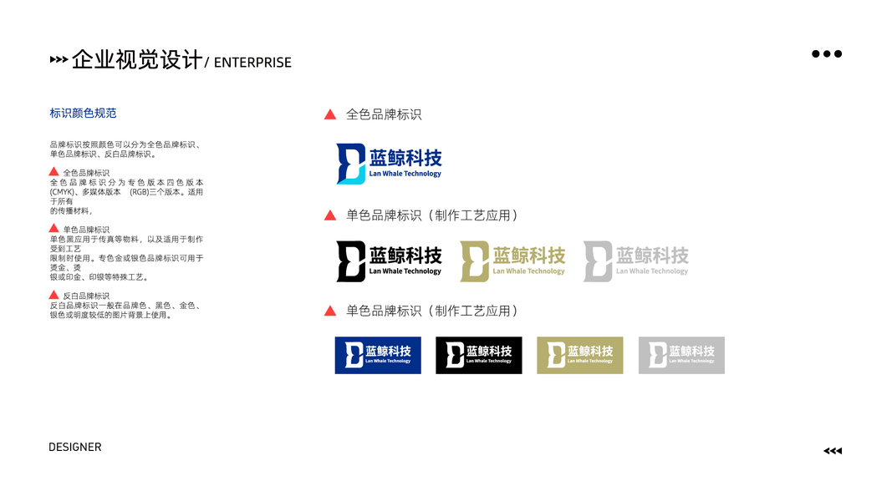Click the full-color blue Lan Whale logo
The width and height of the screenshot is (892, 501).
[x=389, y=164]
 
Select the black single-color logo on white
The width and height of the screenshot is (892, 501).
[x=389, y=261]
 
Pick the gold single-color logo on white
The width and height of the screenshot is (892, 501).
[x=512, y=261]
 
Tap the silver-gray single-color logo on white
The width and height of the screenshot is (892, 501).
[x=635, y=261]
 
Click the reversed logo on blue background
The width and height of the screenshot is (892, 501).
[x=378, y=355]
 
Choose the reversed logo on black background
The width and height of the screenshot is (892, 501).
[x=479, y=355]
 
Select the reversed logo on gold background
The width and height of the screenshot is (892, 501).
[x=580, y=355]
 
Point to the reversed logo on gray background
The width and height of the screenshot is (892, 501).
[x=681, y=355]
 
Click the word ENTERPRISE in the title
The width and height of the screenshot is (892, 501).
[x=252, y=63]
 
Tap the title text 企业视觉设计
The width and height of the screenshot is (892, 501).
[x=137, y=60]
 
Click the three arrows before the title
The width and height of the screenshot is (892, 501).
[x=59, y=60]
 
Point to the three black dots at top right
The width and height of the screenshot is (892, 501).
[x=827, y=54]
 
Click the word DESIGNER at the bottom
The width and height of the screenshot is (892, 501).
[x=75, y=448]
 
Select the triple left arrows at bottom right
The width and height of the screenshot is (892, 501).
[x=833, y=451]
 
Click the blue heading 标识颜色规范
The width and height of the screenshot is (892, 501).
[x=83, y=113]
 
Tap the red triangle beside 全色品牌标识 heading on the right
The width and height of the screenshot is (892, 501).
[x=330, y=114]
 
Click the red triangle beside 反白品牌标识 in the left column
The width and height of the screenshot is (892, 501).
[x=54, y=295]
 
